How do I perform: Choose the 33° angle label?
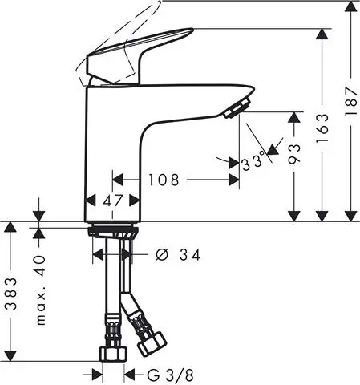(x=255, y=163)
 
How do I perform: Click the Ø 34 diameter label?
(x=176, y=255)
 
